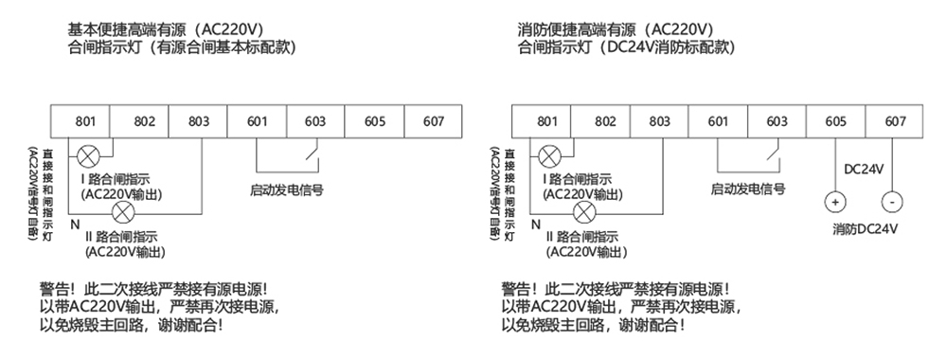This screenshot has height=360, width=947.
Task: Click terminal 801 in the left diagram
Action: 85,121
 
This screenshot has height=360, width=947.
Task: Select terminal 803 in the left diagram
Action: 199,121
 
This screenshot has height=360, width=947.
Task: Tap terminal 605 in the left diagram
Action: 374,121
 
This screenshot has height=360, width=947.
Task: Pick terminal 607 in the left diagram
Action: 433,121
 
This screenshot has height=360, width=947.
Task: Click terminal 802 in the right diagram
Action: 605,121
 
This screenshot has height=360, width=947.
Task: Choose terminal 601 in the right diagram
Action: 718,121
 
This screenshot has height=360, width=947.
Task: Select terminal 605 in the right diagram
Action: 835,121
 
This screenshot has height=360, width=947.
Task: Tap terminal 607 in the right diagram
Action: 894,121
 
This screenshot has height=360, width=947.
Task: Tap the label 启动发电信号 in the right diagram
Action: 748,189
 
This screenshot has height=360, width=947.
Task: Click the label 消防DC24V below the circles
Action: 865,229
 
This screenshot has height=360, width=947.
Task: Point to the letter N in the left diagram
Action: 74,224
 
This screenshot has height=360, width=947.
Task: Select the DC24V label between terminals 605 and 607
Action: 863,169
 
